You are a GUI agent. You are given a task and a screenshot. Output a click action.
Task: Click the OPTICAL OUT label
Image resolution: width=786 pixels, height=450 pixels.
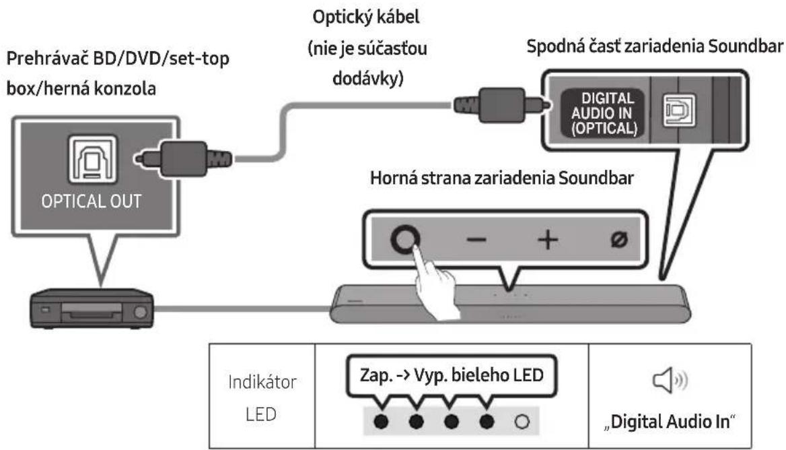[x=92, y=201]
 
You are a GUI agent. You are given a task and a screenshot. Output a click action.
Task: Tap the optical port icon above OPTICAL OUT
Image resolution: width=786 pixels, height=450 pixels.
[x=93, y=160]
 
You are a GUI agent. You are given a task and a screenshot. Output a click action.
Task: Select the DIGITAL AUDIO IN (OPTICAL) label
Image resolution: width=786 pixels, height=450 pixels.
[x=604, y=113]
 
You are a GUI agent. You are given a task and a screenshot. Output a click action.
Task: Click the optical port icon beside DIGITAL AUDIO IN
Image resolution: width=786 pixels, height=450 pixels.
[x=679, y=110]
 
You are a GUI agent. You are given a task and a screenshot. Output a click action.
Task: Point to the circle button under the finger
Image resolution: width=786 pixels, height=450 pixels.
[x=405, y=239]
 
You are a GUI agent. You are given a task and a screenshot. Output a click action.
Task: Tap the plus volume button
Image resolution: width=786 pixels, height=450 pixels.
[x=547, y=239]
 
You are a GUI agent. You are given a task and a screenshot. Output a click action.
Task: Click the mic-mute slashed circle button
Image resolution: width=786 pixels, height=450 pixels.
[x=619, y=239]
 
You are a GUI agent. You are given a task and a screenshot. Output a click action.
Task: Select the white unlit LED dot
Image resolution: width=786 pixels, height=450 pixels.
[x=522, y=422]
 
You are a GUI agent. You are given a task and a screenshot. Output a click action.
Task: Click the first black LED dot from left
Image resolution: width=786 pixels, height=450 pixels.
[x=381, y=422]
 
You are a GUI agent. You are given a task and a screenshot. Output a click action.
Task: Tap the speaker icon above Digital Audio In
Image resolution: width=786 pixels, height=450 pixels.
[x=670, y=381]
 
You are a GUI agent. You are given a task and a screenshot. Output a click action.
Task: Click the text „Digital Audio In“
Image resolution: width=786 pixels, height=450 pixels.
[x=670, y=422]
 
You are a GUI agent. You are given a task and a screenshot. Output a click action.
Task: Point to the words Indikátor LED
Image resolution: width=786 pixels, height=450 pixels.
[x=262, y=398]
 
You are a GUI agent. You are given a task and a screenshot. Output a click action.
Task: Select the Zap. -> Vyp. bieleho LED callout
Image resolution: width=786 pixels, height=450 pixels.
[x=451, y=375]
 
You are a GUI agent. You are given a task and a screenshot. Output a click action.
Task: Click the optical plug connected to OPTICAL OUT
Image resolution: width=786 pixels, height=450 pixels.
[x=183, y=159]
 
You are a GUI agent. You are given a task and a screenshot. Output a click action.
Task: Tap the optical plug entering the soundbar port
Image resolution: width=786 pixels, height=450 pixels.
[x=501, y=105]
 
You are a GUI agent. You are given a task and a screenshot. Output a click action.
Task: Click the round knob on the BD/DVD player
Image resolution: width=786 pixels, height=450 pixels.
[x=141, y=313]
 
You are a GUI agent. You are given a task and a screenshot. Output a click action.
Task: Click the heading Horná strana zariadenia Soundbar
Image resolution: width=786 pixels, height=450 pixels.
[x=502, y=178]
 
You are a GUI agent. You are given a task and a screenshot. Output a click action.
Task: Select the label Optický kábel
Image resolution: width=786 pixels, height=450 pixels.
[x=366, y=18]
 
